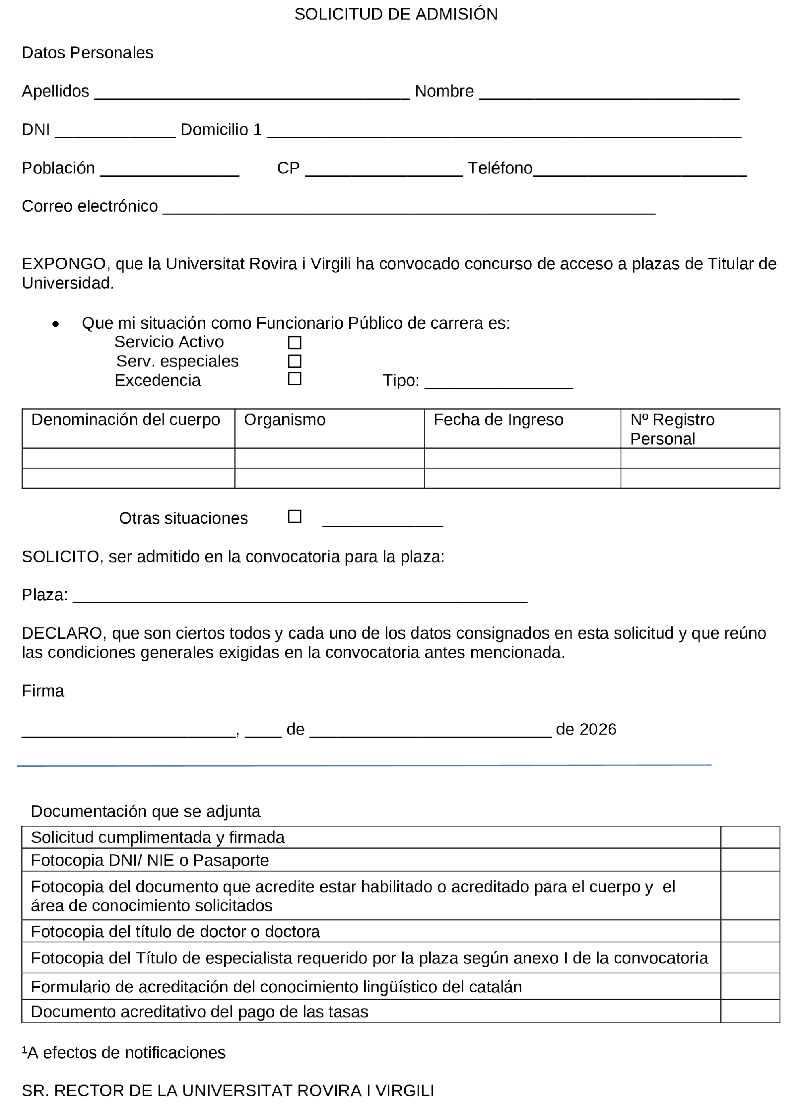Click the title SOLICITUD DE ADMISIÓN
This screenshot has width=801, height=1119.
click(395, 14)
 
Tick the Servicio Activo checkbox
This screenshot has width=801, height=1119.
click(295, 343)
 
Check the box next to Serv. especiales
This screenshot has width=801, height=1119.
click(295, 361)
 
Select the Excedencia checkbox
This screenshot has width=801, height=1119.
click(295, 379)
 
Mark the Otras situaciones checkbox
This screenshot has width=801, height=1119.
click(295, 516)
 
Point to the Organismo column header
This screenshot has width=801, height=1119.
click(284, 420)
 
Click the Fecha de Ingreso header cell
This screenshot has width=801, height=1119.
click(498, 420)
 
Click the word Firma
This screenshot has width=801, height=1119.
click(43, 691)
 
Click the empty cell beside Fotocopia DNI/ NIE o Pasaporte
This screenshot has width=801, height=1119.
click(750, 860)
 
